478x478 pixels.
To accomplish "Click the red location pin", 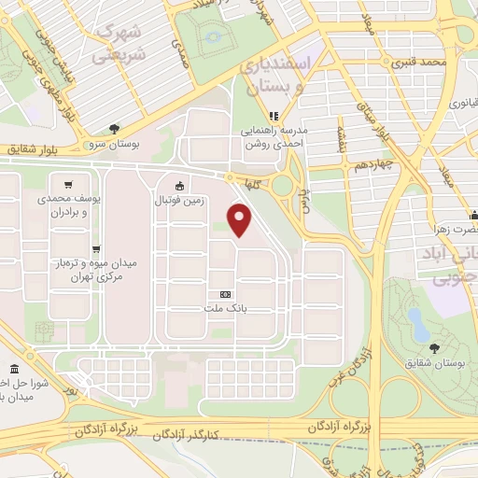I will (x=241, y=218).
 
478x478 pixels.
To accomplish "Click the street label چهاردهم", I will (x=346, y=166).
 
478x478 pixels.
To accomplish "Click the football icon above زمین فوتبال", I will (x=178, y=185).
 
